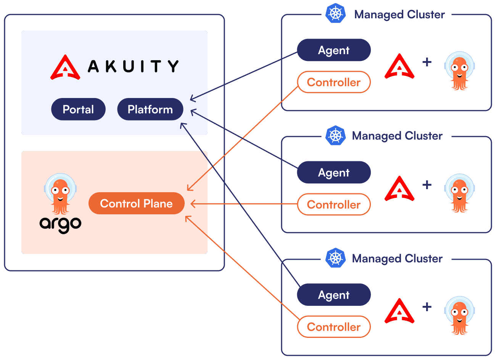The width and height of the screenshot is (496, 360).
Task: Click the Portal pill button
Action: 78,109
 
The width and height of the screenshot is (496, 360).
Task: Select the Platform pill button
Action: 150,109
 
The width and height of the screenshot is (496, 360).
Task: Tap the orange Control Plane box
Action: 136,204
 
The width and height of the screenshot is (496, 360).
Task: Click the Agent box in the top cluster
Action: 333,50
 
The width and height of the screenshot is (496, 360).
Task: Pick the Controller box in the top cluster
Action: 333,82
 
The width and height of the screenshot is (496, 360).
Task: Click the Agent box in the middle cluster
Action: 333,173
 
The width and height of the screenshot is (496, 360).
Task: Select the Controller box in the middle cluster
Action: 333,205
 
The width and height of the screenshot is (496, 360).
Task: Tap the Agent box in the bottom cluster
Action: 333,295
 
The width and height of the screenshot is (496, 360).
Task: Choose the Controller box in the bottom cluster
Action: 333,327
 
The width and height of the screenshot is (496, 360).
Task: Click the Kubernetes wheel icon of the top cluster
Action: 336,13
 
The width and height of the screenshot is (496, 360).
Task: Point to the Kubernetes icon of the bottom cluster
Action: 336,258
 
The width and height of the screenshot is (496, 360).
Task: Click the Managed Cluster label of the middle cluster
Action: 397,136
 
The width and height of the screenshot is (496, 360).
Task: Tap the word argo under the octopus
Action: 60,224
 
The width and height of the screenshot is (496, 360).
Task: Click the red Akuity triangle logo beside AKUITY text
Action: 65,67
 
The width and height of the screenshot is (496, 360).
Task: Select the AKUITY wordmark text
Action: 133,66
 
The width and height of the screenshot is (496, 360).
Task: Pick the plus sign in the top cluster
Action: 427,62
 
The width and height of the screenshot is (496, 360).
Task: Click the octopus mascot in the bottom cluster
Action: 459,315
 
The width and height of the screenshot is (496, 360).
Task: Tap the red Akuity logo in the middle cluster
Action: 399,188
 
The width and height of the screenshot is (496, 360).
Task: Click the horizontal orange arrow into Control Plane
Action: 244,204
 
